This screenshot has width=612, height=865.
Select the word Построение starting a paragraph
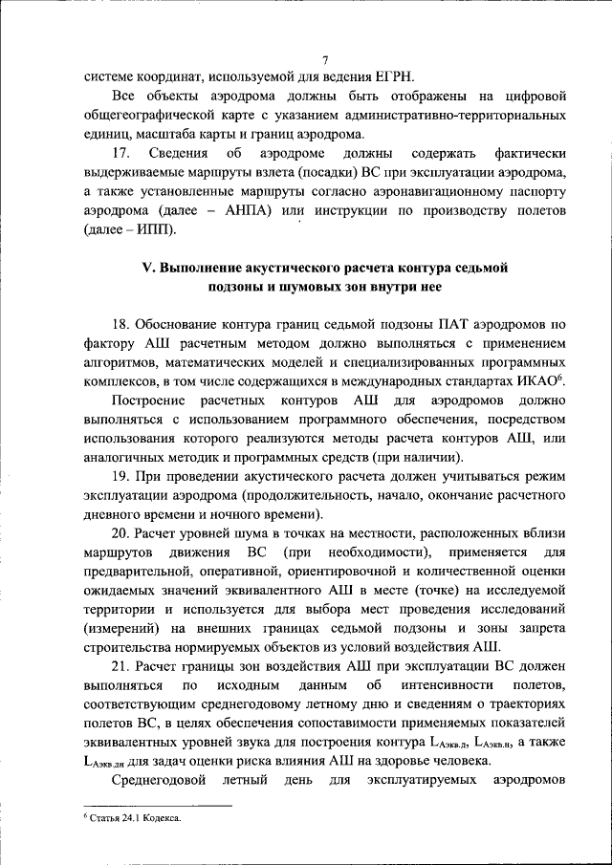(151, 403)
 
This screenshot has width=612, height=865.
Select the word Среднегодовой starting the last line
(163, 789)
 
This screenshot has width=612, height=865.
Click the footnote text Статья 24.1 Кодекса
(135, 819)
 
